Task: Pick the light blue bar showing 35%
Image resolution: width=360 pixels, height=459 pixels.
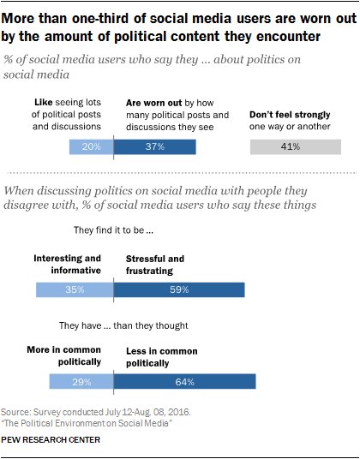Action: coord(75,289)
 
